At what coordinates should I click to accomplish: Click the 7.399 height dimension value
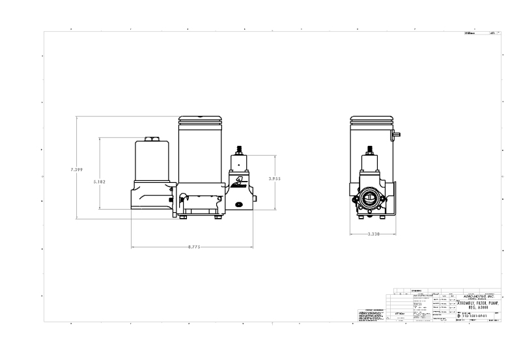(77, 170)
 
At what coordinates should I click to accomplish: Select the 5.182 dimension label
(100, 182)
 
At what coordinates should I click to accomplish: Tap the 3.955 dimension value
(275, 177)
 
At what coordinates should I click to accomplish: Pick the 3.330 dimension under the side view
(374, 234)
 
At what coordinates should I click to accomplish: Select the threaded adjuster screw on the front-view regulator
(239, 150)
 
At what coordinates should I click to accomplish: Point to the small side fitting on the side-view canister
(397, 134)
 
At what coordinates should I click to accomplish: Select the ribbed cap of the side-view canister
(370, 121)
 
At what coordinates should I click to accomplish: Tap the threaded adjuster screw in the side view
(370, 150)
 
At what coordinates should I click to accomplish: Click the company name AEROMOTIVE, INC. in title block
(478, 296)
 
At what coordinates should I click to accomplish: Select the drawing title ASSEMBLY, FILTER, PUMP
(478, 303)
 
